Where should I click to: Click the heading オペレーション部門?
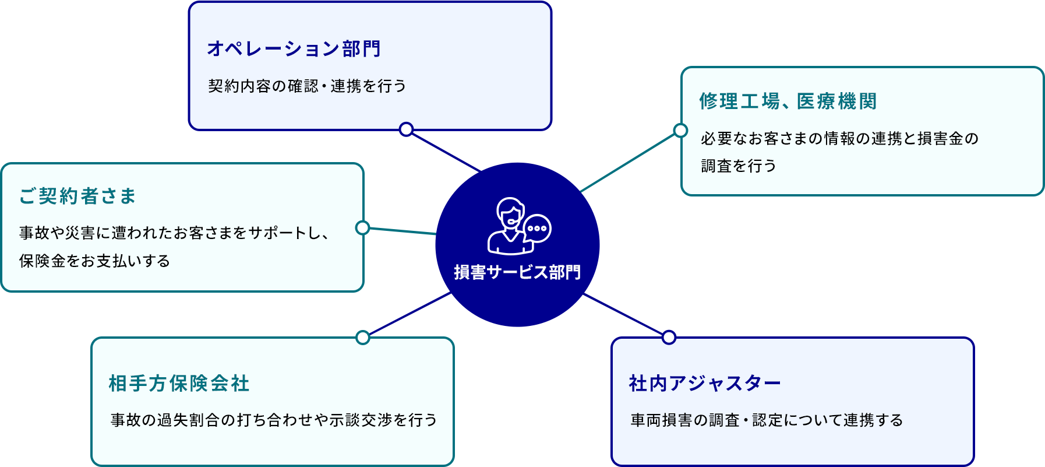point(294,48)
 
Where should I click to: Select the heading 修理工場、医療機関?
point(788,101)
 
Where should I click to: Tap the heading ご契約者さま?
point(77,196)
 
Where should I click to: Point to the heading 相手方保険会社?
point(179,383)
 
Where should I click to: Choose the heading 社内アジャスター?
point(705,383)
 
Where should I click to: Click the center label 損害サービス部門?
point(517,272)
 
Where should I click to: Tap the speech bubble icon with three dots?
point(537,229)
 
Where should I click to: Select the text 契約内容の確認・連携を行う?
point(307,86)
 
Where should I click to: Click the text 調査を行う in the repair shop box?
point(739,166)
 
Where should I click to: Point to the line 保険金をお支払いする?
point(94,261)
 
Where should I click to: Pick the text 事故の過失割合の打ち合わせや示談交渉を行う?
point(274,420)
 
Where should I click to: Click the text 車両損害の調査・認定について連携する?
point(767,420)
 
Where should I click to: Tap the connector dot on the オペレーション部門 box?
point(407,129)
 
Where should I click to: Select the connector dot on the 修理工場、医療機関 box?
point(680,130)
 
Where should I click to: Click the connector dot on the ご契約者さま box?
point(363,227)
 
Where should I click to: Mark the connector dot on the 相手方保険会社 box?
point(363,338)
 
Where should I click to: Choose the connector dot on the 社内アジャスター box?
point(669,338)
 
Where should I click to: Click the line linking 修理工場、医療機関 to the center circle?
point(629,161)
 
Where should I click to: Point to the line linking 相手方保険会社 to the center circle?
point(408,314)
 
